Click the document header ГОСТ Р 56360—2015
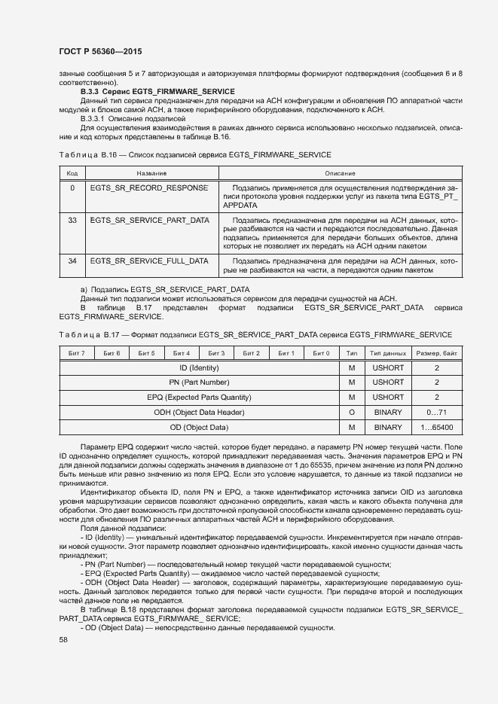[99, 51]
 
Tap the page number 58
[63, 639]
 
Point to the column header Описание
[340, 173]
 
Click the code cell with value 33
[72, 220]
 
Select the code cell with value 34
[72, 261]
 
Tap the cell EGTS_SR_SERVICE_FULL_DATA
[149, 261]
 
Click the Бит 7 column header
[77, 352]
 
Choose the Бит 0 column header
[321, 352]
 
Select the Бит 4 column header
[182, 352]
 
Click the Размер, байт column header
[436, 352]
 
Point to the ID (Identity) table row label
[199, 367]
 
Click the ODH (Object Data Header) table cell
[199, 413]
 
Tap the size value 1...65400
[436, 428]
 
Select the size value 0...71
[436, 413]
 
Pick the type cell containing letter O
[351, 413]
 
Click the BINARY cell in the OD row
[388, 428]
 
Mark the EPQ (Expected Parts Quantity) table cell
[199, 398]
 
